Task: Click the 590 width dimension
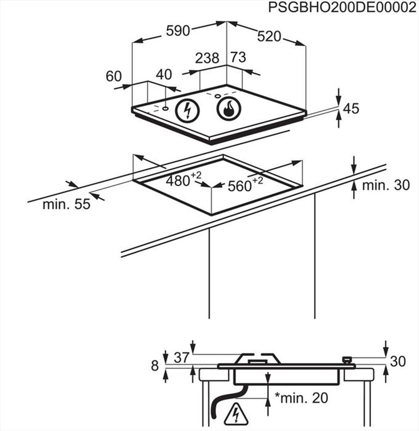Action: click(x=178, y=31)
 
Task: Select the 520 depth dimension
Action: click(x=269, y=36)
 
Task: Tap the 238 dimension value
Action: click(x=207, y=58)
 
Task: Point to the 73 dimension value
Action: click(x=238, y=57)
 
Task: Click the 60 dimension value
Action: click(x=114, y=76)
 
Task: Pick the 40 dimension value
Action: click(x=163, y=75)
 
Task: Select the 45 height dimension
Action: click(x=351, y=108)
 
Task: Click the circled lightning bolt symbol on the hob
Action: click(x=187, y=111)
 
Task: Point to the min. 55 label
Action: click(x=66, y=204)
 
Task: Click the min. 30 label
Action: click(x=386, y=185)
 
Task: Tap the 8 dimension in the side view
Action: click(x=155, y=366)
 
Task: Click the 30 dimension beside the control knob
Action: click(x=398, y=361)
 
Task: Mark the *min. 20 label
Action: click(x=301, y=397)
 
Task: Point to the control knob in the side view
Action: click(x=347, y=360)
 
